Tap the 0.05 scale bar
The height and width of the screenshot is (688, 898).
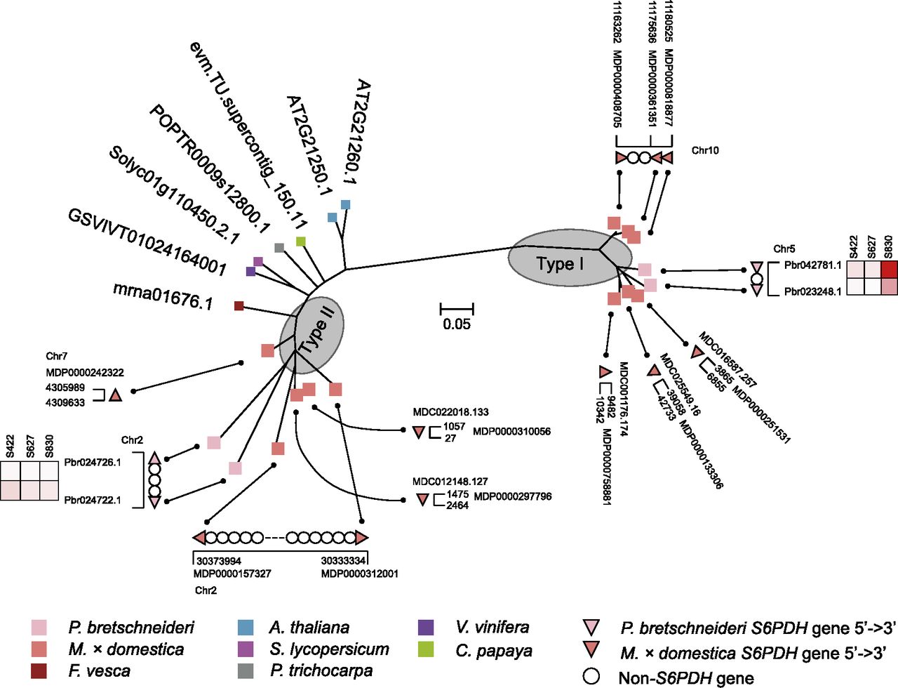point(457,309)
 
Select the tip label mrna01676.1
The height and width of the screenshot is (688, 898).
point(163,296)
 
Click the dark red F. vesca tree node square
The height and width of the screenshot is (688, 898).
point(239,305)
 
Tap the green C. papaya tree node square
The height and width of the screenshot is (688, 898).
point(301,242)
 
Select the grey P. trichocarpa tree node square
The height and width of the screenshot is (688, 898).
point(279,248)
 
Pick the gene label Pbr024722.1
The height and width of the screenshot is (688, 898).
point(92,501)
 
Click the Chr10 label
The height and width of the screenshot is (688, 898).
point(705,150)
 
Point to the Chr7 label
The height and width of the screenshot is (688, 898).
point(57,357)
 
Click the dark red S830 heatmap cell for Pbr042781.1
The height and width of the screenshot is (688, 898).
point(889,269)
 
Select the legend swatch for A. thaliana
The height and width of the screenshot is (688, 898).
point(246,627)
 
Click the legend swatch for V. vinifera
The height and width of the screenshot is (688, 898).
point(426,627)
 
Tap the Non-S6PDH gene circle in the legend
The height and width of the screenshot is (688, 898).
point(592,677)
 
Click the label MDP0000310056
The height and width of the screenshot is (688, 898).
point(511,431)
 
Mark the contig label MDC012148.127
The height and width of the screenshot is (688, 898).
point(450,482)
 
